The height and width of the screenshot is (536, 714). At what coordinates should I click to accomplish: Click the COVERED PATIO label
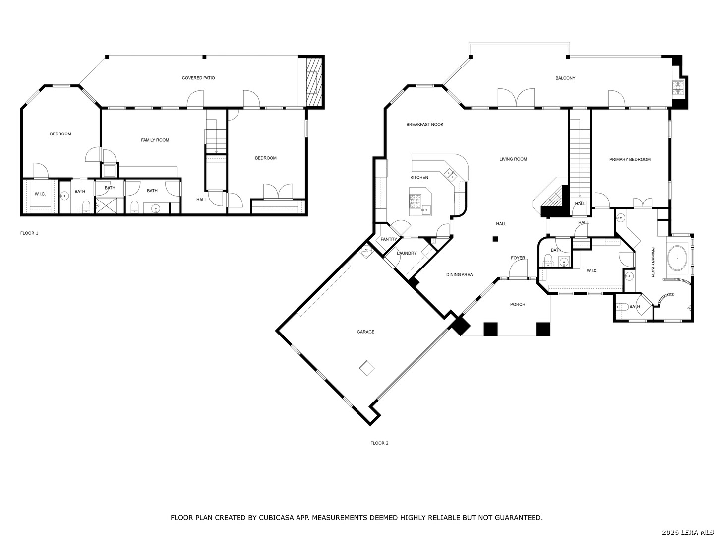tap(198, 78)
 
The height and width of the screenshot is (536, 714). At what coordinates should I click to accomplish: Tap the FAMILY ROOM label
tap(155, 140)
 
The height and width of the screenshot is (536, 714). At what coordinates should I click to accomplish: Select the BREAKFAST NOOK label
tap(424, 124)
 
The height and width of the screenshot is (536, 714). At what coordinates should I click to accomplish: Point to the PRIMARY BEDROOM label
tap(629, 159)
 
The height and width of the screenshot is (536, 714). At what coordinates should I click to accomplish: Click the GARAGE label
tap(365, 332)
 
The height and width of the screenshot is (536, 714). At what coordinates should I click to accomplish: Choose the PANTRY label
tap(389, 239)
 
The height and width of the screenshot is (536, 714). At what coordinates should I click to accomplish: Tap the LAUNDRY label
tap(407, 253)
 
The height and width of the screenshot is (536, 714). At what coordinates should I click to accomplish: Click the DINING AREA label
tap(459, 274)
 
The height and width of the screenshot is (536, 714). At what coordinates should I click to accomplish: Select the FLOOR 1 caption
tap(29, 233)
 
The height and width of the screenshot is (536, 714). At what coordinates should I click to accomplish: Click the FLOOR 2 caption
tap(379, 443)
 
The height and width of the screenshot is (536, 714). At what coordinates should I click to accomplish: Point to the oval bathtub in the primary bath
tap(677, 259)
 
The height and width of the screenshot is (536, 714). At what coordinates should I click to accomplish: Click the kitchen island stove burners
tap(415, 201)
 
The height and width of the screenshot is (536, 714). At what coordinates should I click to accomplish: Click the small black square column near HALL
tap(495, 239)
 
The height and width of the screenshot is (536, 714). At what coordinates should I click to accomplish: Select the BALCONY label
tap(565, 78)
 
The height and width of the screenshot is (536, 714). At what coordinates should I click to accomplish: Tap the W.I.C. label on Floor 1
tap(40, 194)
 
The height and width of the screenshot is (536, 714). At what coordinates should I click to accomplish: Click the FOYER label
tap(518, 258)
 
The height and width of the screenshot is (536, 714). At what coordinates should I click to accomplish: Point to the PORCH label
tap(518, 304)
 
